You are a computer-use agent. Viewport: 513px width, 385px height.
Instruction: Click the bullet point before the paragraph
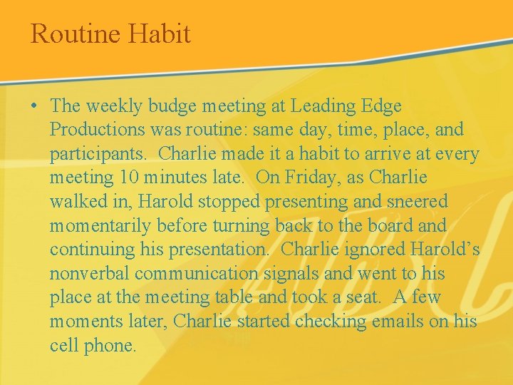(x=34, y=106)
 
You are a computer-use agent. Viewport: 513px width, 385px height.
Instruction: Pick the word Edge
(x=382, y=106)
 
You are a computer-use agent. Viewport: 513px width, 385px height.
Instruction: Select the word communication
(x=199, y=274)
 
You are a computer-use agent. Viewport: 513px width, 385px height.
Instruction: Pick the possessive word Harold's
(x=445, y=250)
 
